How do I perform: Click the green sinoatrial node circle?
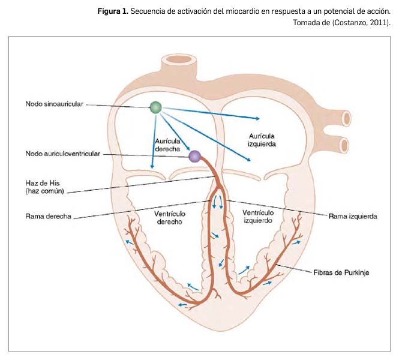tap(156, 107)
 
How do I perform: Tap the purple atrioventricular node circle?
tap(195, 157)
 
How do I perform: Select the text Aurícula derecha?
tap(161, 144)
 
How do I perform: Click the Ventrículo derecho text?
tap(169, 217)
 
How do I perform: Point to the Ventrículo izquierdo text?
tap(258, 217)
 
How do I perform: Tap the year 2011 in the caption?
tap(376, 23)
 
